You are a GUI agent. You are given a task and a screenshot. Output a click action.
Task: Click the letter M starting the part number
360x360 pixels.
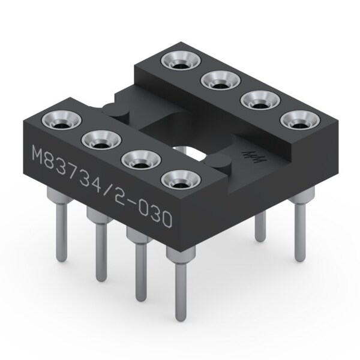tap(37, 158)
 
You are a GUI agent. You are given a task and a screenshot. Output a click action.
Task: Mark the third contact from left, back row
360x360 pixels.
tap(256, 100)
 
